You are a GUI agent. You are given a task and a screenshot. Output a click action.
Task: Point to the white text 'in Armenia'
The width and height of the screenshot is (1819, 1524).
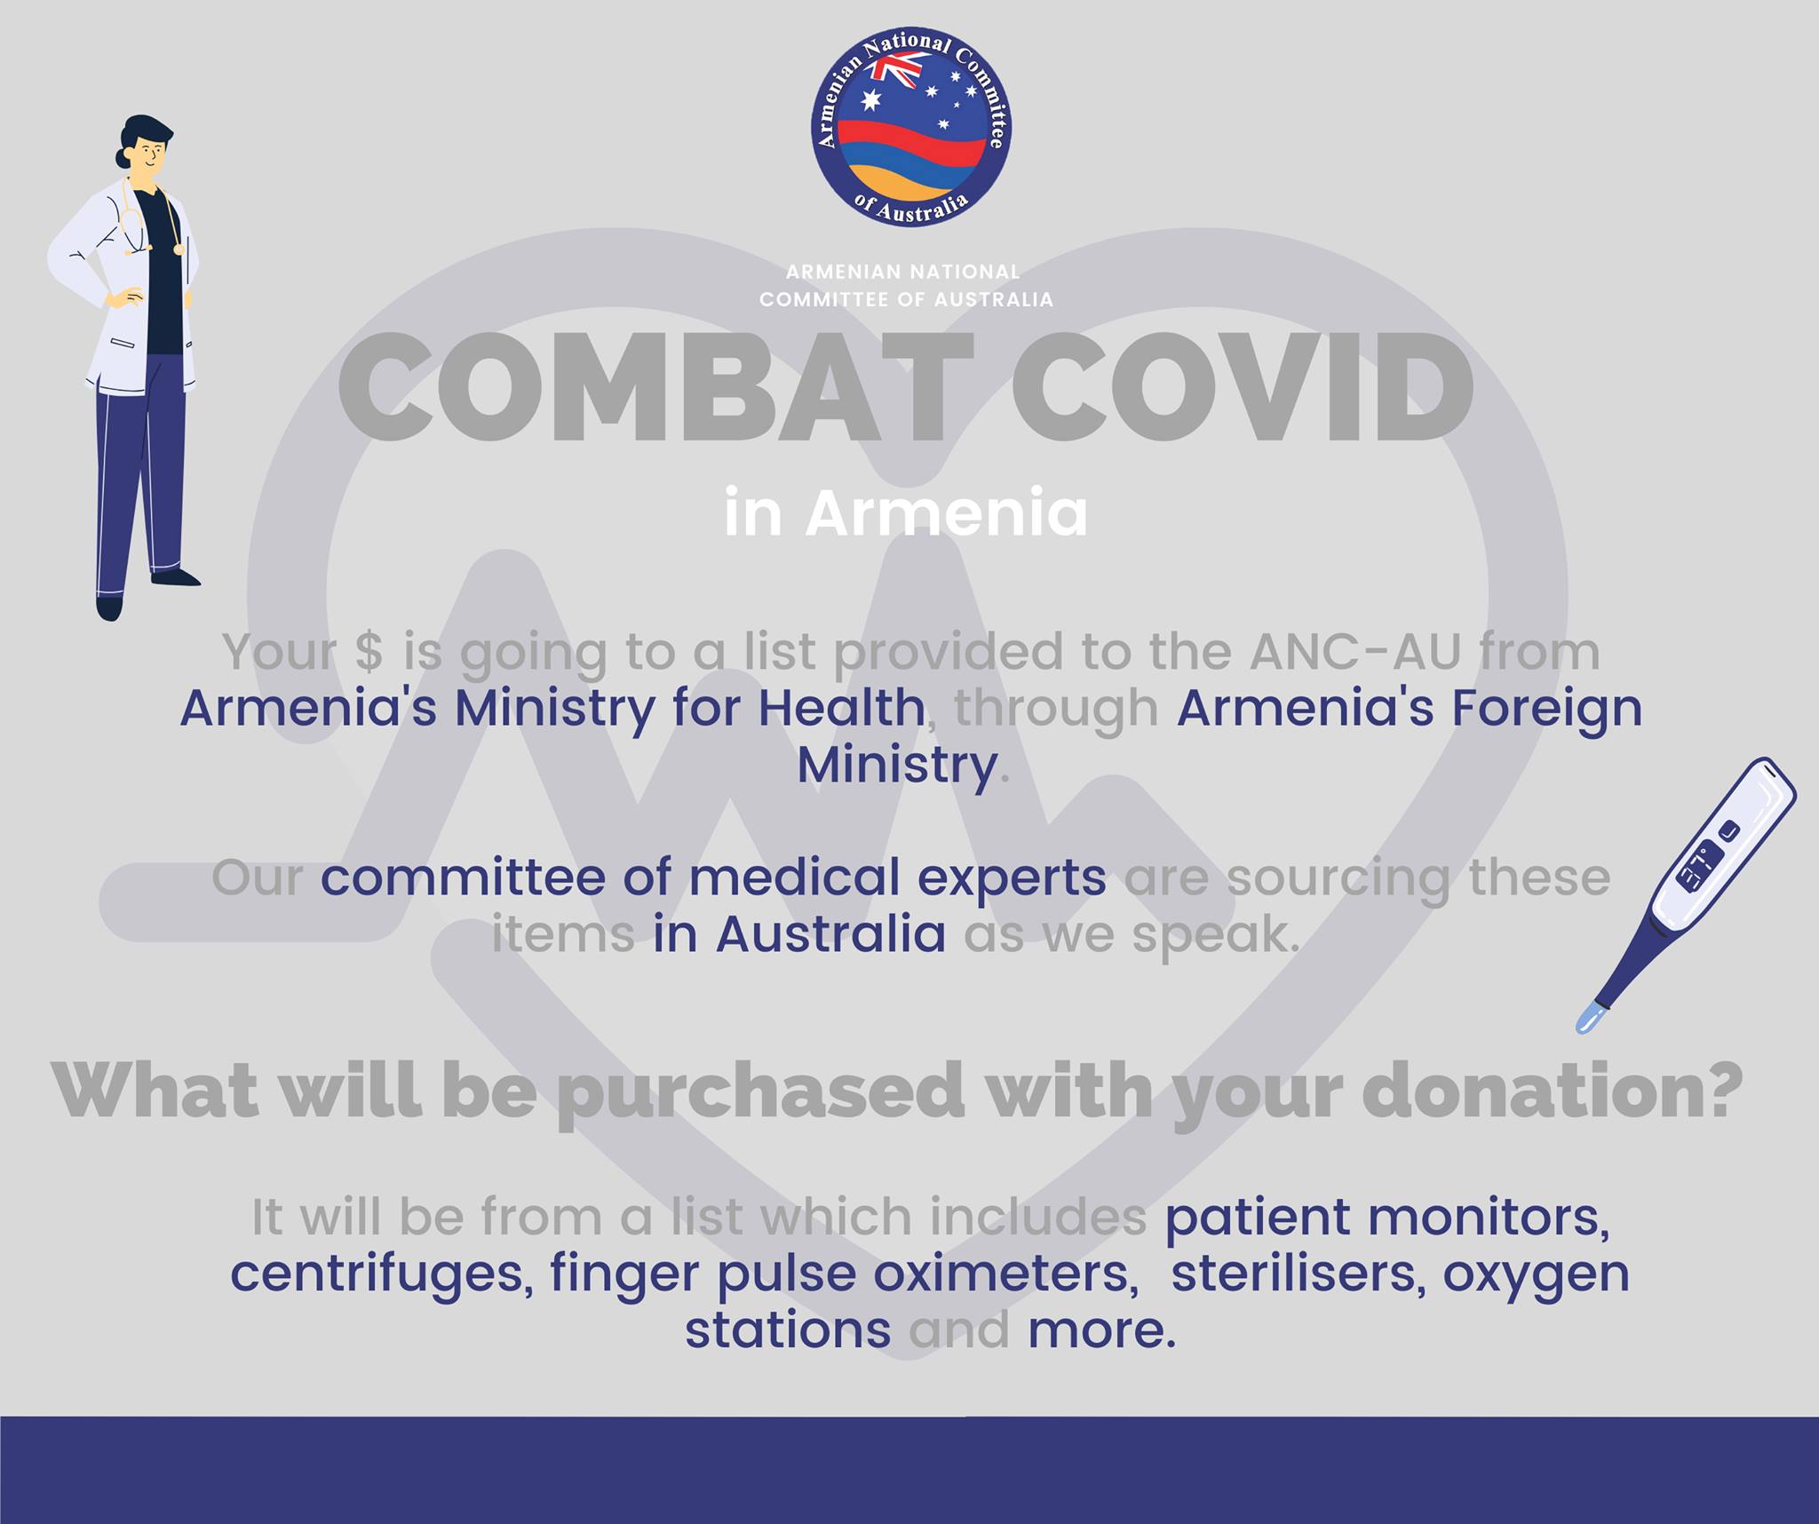coord(906,513)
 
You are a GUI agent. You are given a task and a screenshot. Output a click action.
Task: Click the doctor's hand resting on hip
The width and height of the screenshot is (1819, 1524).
coord(122,297)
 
